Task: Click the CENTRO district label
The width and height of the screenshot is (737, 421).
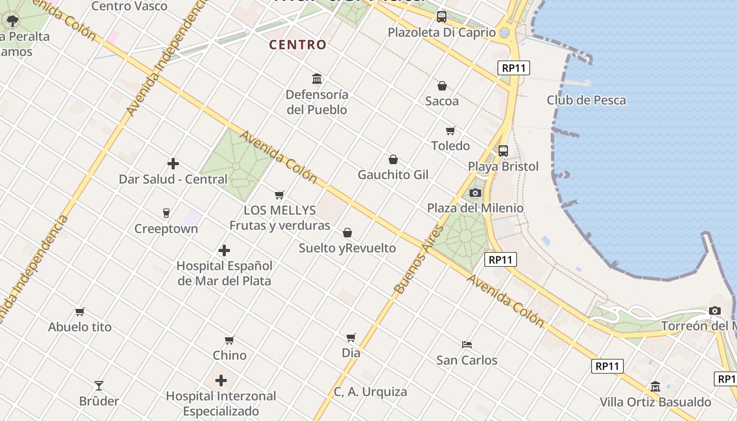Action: click(x=298, y=45)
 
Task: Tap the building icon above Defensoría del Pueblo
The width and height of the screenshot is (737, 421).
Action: click(x=317, y=79)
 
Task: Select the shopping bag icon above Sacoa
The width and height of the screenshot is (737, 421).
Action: click(x=442, y=85)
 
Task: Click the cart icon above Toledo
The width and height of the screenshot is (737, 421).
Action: click(x=450, y=131)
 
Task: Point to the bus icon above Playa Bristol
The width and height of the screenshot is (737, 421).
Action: click(x=503, y=151)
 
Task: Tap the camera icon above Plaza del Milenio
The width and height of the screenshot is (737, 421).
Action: click(x=475, y=193)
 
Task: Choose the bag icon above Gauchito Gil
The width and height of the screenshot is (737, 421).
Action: click(x=393, y=159)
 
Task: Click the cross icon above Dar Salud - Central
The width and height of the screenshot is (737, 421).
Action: click(x=173, y=164)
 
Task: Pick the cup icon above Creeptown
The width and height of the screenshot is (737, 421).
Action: click(x=166, y=213)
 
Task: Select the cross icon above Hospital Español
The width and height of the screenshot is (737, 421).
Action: click(x=224, y=250)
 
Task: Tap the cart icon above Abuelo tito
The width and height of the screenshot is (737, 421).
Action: click(x=79, y=312)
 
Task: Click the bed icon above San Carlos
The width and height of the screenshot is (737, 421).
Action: click(x=466, y=345)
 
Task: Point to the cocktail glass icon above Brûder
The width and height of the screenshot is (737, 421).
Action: click(x=98, y=386)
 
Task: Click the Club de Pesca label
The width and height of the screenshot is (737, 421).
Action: click(x=586, y=100)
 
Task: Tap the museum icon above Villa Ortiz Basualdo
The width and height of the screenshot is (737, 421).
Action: click(x=655, y=387)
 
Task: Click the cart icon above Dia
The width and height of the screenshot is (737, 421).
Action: click(x=351, y=337)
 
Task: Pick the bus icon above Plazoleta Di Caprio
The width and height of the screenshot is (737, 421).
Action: click(x=442, y=17)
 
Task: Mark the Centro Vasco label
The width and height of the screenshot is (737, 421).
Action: click(x=129, y=6)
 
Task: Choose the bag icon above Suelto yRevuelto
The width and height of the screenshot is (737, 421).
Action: click(x=347, y=233)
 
